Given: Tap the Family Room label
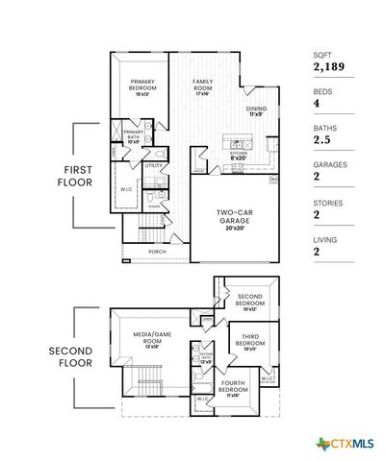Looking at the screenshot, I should coord(202,85).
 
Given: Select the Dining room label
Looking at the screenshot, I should coord(256,110).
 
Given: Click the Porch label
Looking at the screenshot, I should coord(156,253).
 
